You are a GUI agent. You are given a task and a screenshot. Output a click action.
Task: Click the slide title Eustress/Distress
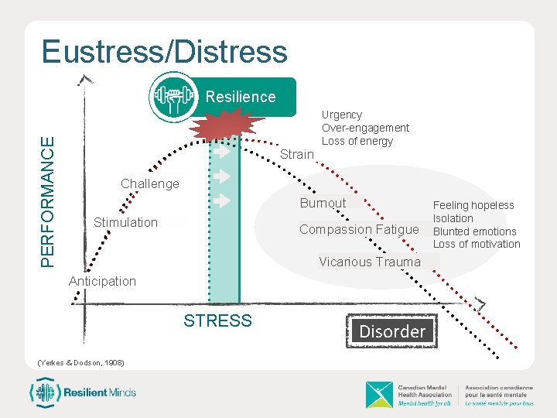[165, 52]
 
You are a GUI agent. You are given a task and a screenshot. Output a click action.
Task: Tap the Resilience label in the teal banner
[241, 97]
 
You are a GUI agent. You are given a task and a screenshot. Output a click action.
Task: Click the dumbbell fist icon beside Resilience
[173, 97]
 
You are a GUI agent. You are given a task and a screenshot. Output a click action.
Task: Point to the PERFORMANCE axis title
[47, 202]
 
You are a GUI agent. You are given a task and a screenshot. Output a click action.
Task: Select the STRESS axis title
[217, 320]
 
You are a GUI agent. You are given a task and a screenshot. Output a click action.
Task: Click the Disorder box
[392, 331]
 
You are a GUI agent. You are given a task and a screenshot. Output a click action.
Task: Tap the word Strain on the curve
[297, 154]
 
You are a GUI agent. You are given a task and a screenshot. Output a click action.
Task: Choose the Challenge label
[150, 183]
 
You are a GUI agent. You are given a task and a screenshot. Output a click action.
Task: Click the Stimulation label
[125, 222]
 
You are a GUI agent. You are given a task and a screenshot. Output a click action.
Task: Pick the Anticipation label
[102, 281]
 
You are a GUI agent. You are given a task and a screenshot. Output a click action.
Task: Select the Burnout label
[323, 203]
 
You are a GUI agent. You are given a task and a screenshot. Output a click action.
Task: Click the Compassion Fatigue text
[359, 229]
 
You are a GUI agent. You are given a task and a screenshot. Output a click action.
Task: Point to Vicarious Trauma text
[370, 262]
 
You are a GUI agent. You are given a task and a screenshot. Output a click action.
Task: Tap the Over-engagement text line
[365, 128]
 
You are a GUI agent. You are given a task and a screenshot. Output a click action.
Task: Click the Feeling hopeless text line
[473, 205]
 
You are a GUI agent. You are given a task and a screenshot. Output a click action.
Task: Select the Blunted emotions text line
[474, 231]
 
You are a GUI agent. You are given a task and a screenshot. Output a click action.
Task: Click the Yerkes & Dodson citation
[80, 363]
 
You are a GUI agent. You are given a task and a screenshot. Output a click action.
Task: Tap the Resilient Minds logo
[83, 392]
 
